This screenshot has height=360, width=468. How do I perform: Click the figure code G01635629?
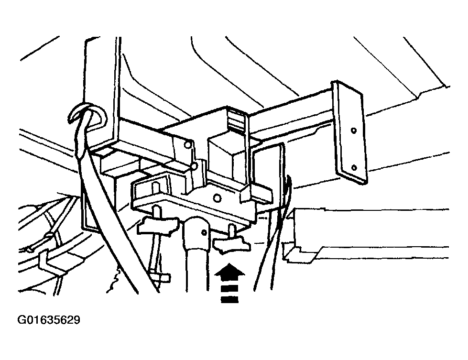[49, 320]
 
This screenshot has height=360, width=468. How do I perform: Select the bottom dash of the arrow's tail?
[229, 299]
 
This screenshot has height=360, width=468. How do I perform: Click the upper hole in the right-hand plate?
[354, 131]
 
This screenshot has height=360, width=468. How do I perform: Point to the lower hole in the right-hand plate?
[354, 167]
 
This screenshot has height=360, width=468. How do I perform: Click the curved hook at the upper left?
[87, 115]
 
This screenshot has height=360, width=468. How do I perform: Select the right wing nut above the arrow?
[232, 244]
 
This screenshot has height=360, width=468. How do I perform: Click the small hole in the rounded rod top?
[204, 232]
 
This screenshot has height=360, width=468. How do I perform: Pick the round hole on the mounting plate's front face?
[218, 197]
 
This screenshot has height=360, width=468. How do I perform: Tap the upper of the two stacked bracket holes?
[187, 145]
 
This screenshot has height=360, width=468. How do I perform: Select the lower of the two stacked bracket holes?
[194, 166]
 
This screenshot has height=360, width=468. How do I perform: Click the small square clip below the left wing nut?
[162, 277]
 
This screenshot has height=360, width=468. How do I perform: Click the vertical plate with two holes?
[350, 132]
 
